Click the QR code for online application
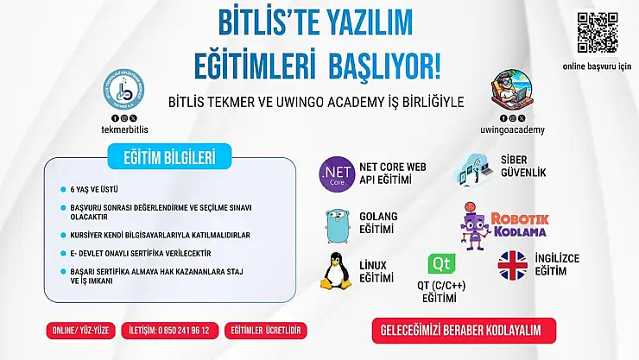point(598,33)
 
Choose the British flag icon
point(512,265)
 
